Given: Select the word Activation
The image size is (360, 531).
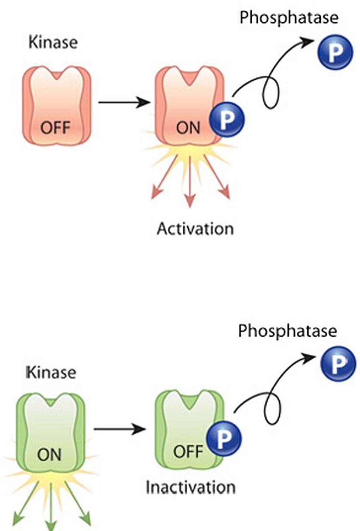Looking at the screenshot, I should [x=195, y=228].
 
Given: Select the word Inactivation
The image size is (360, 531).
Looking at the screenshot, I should [x=191, y=486].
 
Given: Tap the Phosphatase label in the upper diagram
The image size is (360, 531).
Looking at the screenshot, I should [x=289, y=18].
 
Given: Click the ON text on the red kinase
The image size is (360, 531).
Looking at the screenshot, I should [x=189, y=128].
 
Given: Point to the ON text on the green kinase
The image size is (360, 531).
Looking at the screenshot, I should [x=49, y=455].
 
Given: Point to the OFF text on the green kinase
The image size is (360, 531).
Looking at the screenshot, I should [x=188, y=452].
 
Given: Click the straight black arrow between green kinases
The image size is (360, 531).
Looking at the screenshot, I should [x=120, y=429].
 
